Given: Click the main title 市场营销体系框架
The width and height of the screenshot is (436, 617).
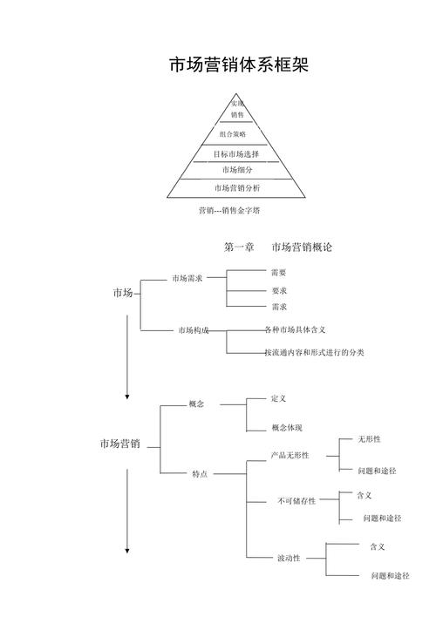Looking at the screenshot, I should [x=238, y=66].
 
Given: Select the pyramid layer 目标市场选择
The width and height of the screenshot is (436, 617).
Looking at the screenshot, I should [x=237, y=153].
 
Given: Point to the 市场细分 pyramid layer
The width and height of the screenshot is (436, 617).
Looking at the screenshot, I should [x=237, y=170].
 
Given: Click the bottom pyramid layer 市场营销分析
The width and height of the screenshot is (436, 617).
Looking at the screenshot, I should [x=237, y=188].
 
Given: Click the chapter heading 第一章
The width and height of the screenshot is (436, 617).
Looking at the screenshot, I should [x=239, y=247].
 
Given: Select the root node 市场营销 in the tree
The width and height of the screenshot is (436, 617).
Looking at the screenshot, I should [x=119, y=444].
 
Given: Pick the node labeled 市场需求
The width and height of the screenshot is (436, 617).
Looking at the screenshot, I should [x=187, y=279].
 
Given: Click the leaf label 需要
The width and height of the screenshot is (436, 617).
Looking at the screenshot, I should [x=279, y=273].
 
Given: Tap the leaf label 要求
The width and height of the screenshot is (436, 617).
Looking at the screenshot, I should [x=279, y=290].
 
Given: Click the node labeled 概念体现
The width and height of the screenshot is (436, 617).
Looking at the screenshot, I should [x=287, y=428].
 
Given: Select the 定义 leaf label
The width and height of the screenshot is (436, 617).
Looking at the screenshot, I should [x=279, y=398].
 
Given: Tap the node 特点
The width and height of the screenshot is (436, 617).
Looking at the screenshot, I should [x=200, y=473].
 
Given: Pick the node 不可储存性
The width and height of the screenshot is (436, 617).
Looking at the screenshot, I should [x=296, y=501].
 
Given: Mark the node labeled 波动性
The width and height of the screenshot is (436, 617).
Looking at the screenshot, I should [x=289, y=557].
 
